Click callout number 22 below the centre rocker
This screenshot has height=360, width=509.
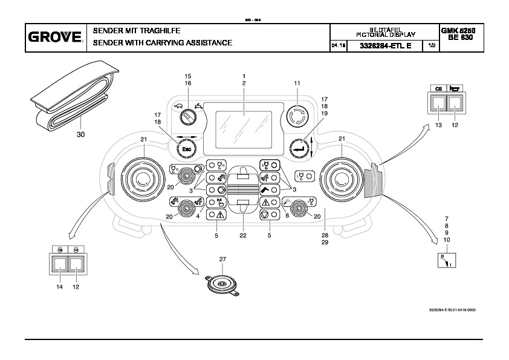pos(242,235)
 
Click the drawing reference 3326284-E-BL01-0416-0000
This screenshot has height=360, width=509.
pos(452,310)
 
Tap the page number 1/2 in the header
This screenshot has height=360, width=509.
pos(430,45)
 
